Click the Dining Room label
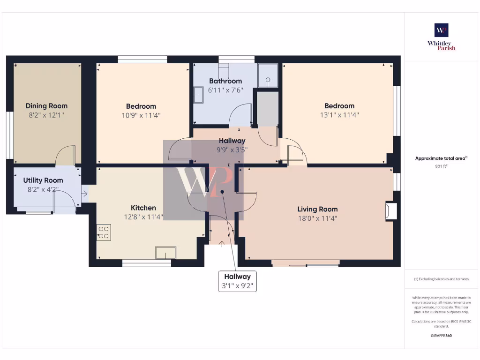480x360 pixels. click(46, 106)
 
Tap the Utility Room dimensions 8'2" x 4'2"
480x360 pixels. click(43, 190)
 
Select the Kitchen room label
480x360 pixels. click(143, 208)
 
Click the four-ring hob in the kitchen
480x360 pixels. click(104, 232)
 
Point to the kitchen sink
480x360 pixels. click(166, 253)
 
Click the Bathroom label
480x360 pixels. click(225, 81)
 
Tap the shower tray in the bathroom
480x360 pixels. click(268, 75)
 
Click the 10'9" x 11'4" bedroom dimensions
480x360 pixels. click(141, 115)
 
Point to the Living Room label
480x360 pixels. click(317, 209)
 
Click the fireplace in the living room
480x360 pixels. click(390, 211)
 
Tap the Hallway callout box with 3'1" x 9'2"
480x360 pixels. click(237, 281)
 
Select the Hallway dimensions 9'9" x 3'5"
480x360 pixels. click(232, 150)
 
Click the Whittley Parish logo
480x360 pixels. click(441, 37)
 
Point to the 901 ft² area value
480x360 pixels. click(441, 166)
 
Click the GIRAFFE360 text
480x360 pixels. click(441, 336)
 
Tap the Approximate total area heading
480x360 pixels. click(441, 158)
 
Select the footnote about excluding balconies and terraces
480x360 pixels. click(441, 279)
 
